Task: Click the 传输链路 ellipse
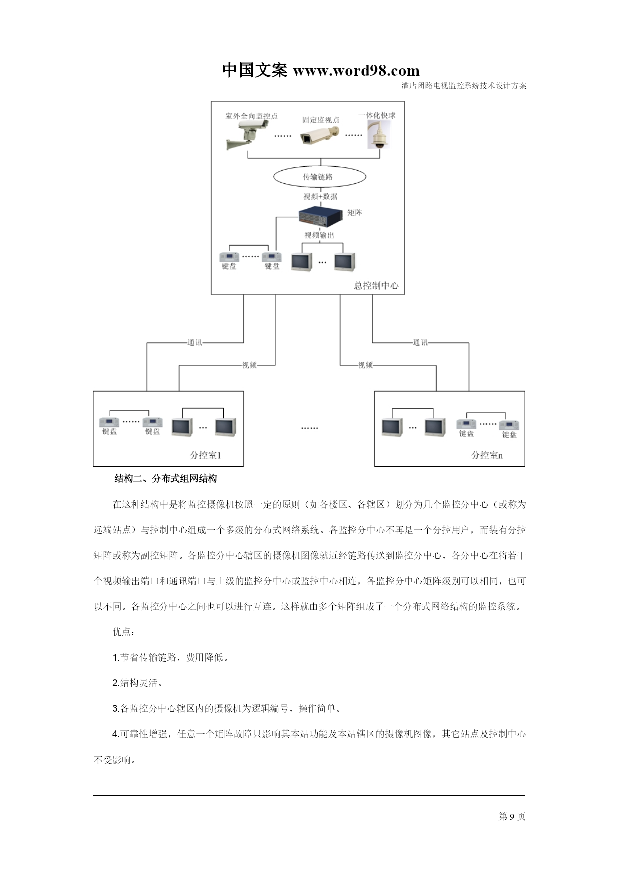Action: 320,177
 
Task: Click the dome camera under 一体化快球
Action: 380,134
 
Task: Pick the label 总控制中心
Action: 376,286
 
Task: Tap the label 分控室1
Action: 205,455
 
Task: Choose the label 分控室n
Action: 487,455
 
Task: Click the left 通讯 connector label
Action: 195,343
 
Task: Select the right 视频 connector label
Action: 365,365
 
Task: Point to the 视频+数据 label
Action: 320,196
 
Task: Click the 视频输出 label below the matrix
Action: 319,235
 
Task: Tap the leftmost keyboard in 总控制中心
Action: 229,257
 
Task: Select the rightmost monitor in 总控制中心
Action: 345,262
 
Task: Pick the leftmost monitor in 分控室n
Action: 392,428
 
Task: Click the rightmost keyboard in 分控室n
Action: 509,425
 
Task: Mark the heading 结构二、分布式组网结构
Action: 166,479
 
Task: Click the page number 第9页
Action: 512,816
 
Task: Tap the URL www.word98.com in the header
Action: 356,71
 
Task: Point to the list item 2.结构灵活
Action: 137,683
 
